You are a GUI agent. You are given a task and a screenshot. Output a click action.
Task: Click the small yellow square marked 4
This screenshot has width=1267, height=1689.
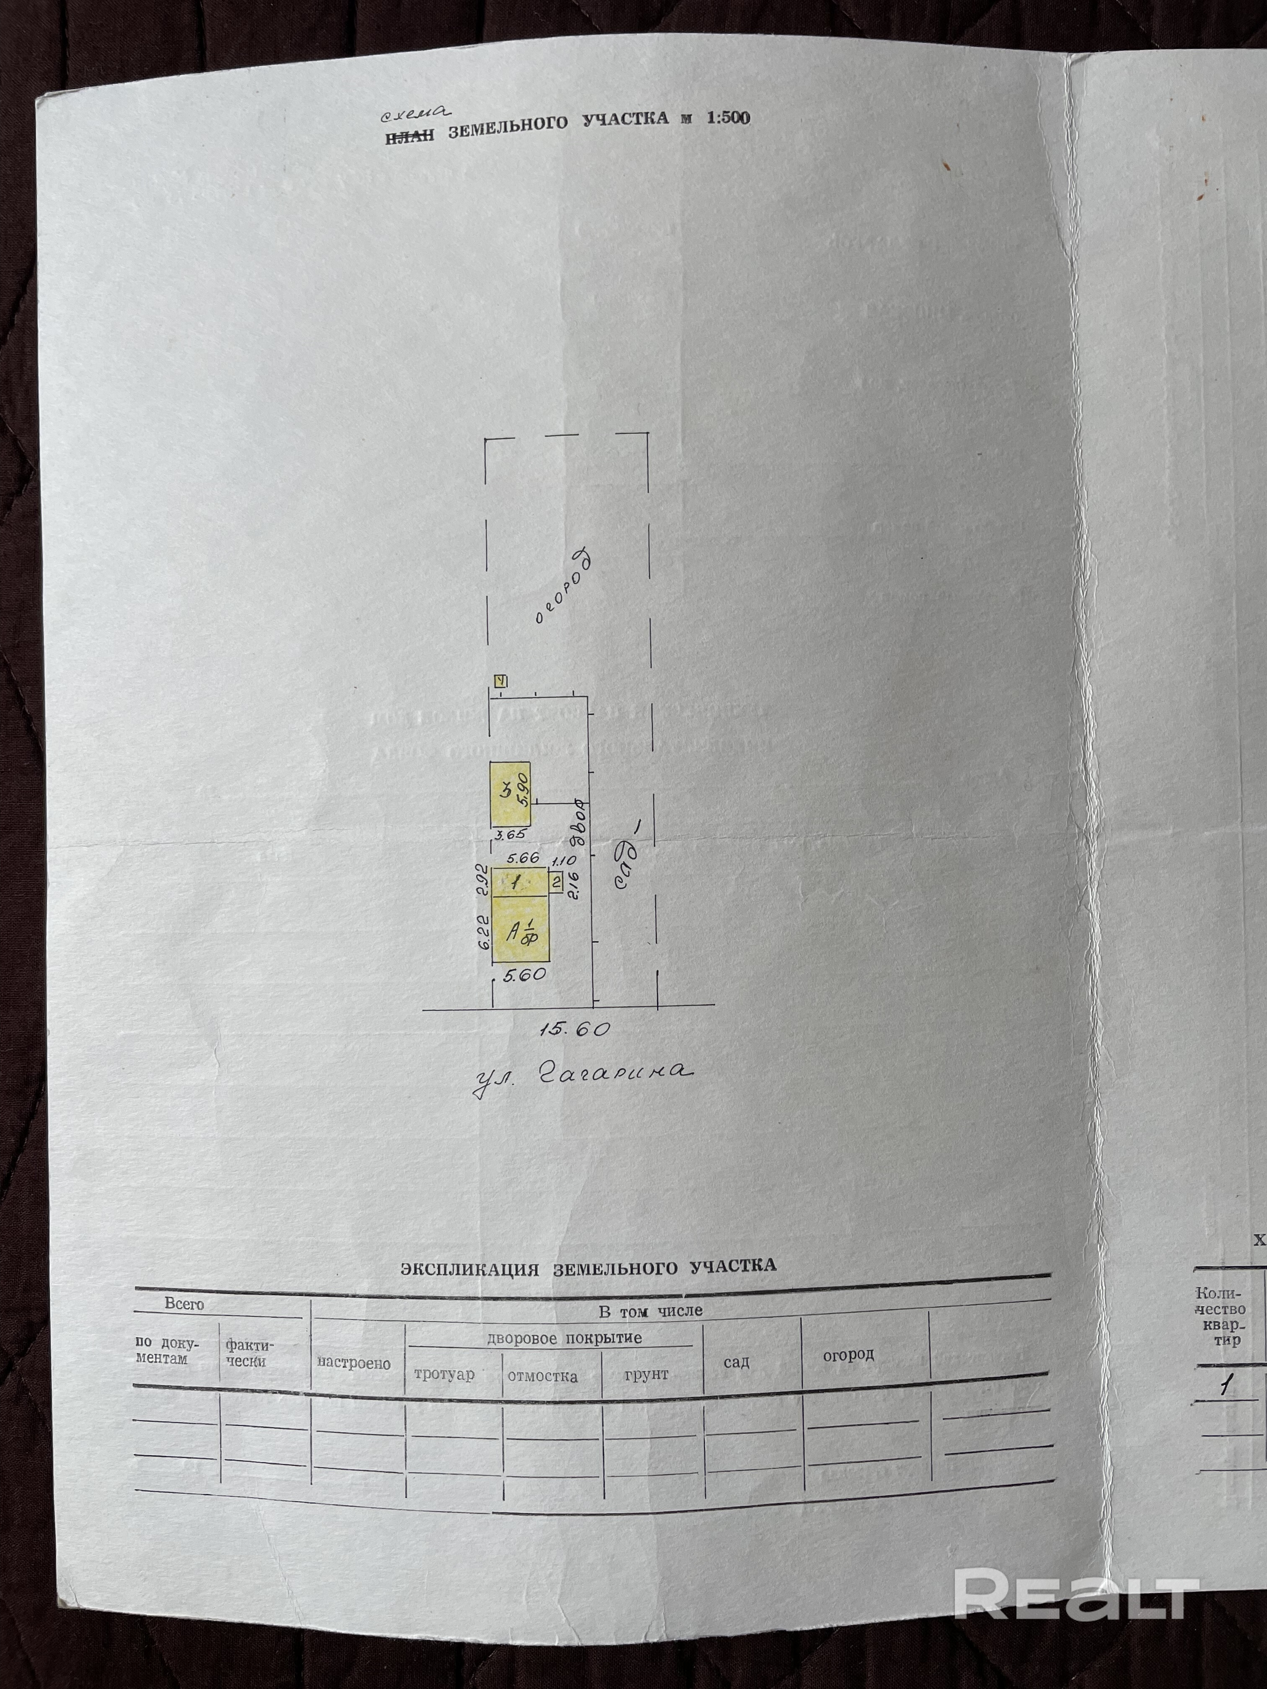(x=501, y=681)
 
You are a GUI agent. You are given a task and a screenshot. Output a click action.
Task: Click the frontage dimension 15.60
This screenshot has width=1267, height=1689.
(x=575, y=1028)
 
